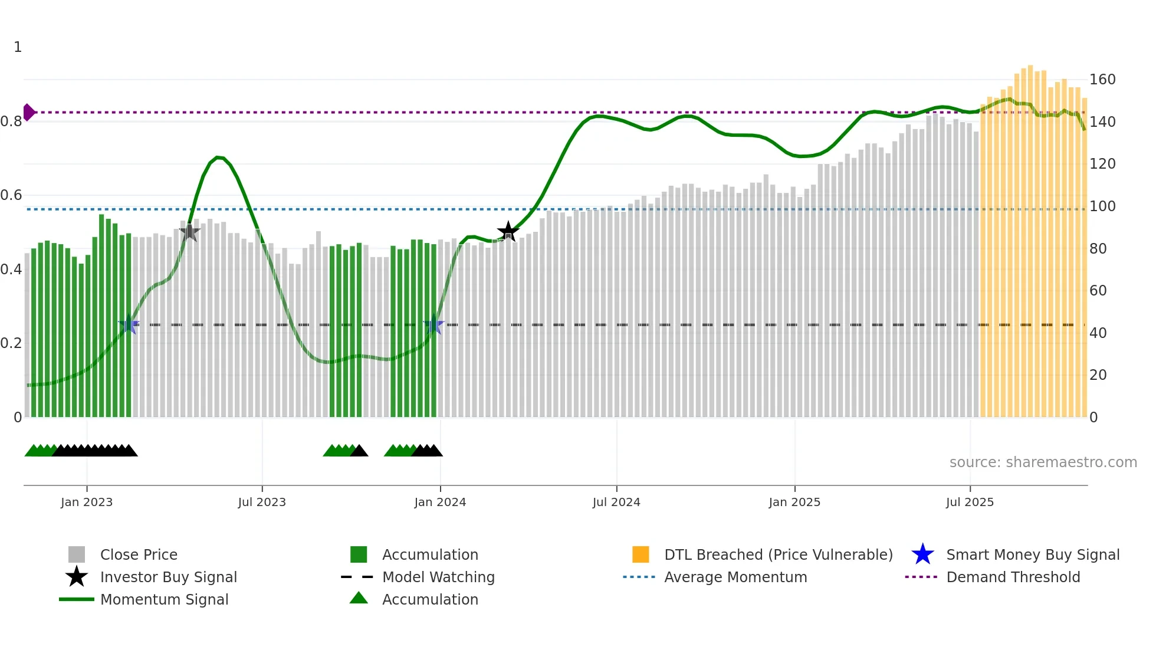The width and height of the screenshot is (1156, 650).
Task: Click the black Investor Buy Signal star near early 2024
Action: coord(508,232)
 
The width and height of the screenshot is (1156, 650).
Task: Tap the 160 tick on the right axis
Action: coord(1102,80)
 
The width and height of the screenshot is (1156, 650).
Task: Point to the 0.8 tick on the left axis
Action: coord(11,122)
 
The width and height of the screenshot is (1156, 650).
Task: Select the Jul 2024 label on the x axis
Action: coord(616,502)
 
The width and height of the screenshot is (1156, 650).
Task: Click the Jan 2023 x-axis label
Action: coord(87,502)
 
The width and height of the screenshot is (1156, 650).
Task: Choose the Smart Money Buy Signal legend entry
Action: coord(1032,554)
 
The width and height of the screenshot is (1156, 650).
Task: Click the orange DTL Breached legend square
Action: coord(641,554)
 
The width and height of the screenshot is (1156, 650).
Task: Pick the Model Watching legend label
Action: coord(438,577)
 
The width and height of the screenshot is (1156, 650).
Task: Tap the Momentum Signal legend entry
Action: coord(164,599)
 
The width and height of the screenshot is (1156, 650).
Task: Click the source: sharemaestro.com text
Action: coord(1043,462)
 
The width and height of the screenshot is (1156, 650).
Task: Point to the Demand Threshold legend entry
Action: coord(1013,577)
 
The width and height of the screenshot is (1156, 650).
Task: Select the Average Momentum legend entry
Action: coord(735,577)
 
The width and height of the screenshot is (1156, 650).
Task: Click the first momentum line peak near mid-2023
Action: coord(218,157)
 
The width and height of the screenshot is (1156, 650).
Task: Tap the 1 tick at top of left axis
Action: coord(18,47)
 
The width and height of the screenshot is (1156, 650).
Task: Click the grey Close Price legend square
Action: coord(77,554)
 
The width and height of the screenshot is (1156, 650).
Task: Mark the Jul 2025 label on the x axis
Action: coord(970,502)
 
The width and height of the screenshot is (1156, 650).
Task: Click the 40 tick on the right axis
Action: coord(1098,333)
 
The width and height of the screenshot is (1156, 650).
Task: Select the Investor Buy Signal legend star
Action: coord(77,577)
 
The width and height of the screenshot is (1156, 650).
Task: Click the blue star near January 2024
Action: coord(433,324)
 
